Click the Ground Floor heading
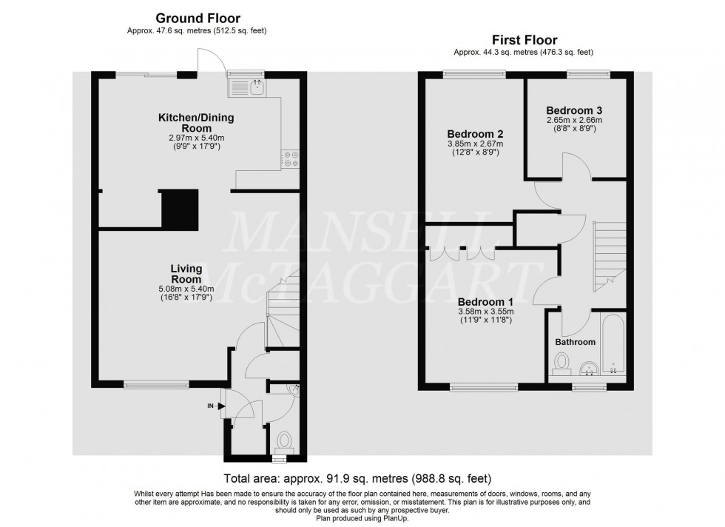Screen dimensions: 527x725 click(x=197, y=18)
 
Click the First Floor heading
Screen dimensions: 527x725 click(x=524, y=40)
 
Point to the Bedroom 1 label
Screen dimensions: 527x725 click(x=486, y=302)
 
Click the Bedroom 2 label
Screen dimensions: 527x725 click(x=475, y=133)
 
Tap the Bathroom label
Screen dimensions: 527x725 click(x=576, y=342)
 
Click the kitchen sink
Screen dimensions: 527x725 click(x=247, y=89)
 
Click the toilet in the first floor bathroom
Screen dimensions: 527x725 click(x=562, y=363)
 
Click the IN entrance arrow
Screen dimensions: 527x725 click(x=220, y=405)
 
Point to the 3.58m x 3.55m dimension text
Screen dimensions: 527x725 click(x=486, y=312)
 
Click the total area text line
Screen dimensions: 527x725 click(x=357, y=479)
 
